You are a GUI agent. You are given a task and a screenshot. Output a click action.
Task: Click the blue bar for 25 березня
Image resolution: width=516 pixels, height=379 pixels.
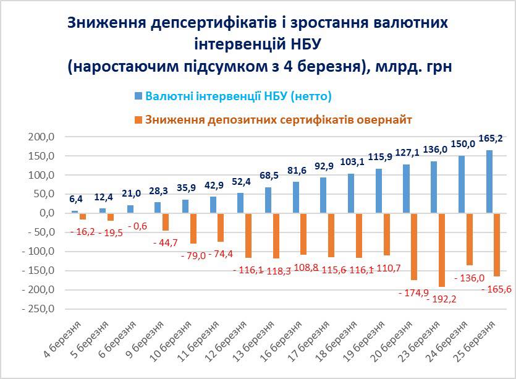489,182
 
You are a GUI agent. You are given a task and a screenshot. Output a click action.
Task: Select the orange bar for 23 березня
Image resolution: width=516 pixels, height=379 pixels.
441,250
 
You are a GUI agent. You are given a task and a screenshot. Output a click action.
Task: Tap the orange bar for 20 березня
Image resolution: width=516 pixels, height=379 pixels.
414,247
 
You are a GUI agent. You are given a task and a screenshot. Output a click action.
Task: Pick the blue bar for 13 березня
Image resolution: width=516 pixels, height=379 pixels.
268,200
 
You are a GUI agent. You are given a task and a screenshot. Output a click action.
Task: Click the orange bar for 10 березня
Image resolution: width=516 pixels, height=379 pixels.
193,228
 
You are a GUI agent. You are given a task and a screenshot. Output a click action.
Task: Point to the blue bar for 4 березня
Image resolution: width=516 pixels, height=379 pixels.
75,212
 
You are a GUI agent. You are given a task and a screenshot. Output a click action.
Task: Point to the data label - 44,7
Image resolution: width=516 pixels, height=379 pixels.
166,242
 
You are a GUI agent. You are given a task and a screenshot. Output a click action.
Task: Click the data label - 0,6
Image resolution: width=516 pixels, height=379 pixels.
137,225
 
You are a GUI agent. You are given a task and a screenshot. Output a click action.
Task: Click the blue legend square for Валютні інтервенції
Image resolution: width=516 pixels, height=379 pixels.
138,96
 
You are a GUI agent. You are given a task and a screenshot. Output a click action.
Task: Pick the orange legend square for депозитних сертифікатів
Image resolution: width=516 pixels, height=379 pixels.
138,119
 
